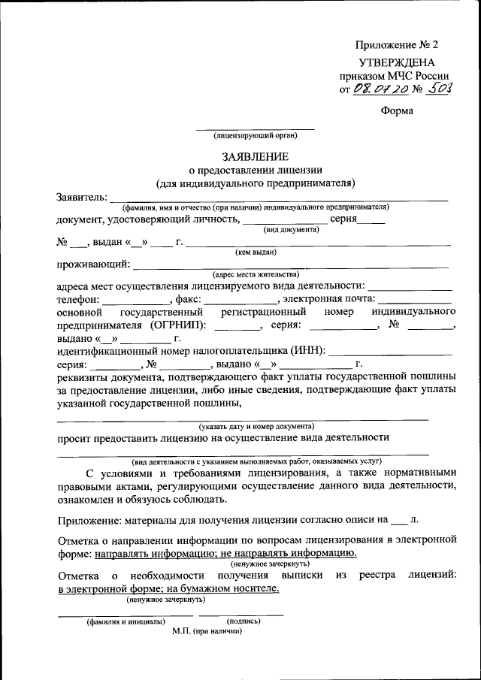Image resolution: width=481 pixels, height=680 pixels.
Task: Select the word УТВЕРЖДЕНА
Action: click(396, 62)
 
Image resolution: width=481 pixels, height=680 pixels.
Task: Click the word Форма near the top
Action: click(397, 111)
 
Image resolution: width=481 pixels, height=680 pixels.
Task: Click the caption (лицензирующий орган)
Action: click(256, 136)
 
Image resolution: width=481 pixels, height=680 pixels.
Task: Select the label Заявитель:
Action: click(82, 197)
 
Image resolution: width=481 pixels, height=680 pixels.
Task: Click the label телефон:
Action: click(77, 299)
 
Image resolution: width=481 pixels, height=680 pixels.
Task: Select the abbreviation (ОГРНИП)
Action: click(177, 325)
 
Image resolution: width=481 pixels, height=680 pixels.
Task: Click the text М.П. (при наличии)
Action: click(207, 631)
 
